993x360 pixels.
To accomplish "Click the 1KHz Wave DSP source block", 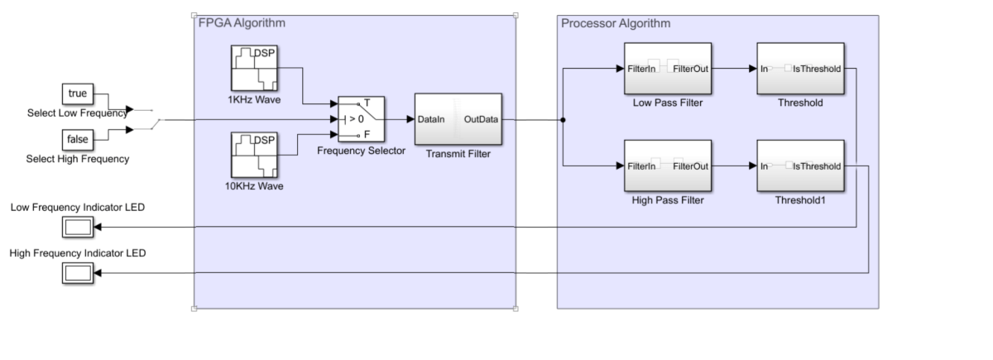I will click(x=254, y=70).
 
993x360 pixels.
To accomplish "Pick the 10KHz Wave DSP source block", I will click(x=254, y=155).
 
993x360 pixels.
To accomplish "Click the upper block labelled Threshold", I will click(x=800, y=70).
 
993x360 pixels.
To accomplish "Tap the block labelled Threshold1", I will click(x=800, y=166).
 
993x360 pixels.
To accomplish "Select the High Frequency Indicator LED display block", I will click(x=79, y=273).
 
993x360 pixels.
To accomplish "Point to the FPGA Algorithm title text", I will click(x=242, y=22).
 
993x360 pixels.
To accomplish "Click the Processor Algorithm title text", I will click(x=616, y=22).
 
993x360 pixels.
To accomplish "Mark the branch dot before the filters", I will click(x=564, y=120).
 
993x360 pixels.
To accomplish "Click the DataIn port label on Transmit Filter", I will click(x=431, y=120).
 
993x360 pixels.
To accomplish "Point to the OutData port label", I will click(x=482, y=120).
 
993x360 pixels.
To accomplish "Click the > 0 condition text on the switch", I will click(x=355, y=119).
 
